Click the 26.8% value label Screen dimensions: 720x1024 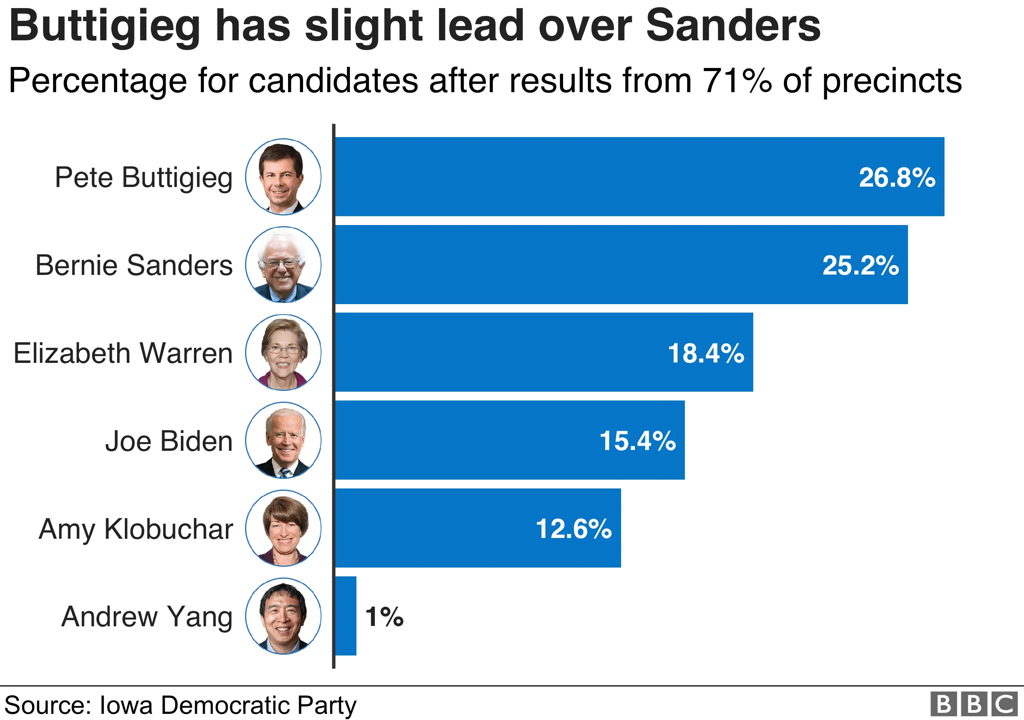896,177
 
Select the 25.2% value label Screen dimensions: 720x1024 860,265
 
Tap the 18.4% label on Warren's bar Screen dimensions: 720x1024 706,353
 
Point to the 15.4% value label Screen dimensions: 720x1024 637,441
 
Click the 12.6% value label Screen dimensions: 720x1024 573,529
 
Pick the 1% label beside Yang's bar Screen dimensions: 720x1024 384,617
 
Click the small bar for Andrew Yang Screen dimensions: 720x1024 346,616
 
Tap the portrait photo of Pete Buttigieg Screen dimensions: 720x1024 283,177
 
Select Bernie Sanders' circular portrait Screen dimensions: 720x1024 283,264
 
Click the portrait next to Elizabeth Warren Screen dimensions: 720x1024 283,352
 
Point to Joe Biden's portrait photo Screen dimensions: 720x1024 283,440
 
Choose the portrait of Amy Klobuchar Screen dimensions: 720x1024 283,528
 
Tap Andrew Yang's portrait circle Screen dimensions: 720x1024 283,616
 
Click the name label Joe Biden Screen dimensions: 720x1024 169,441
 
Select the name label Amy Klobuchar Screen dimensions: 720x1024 136,530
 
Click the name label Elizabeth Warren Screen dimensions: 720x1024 123,354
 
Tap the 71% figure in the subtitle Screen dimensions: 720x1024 736,81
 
